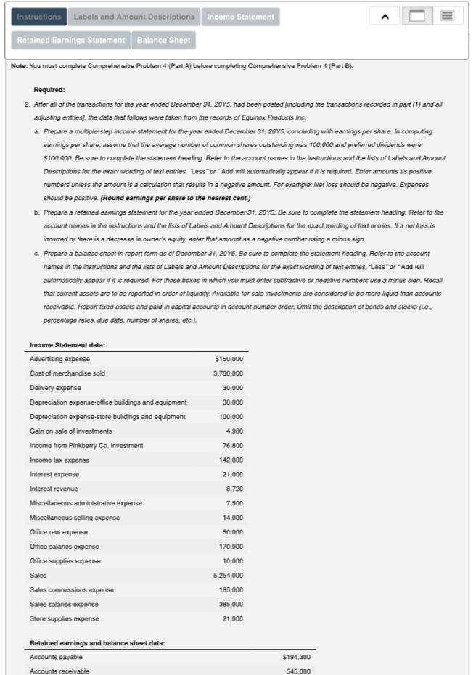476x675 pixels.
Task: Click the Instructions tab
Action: pos(39,17)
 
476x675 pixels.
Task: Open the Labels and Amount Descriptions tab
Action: pos(134,17)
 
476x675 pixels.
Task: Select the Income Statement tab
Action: pos(240,17)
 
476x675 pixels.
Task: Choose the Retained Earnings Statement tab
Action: pos(71,40)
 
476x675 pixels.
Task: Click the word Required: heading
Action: pos(49,90)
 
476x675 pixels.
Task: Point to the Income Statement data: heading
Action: pos(67,344)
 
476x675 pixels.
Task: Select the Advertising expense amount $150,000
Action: pos(229,359)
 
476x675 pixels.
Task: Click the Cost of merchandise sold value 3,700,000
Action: pos(228,373)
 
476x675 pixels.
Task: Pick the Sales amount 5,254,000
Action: pos(228,575)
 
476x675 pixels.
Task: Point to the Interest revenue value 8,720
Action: pos(234,489)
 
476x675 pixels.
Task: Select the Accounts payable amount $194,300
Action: pos(295,657)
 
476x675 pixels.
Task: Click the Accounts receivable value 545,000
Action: pos(298,671)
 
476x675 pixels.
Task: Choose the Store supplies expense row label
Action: pos(65,618)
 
